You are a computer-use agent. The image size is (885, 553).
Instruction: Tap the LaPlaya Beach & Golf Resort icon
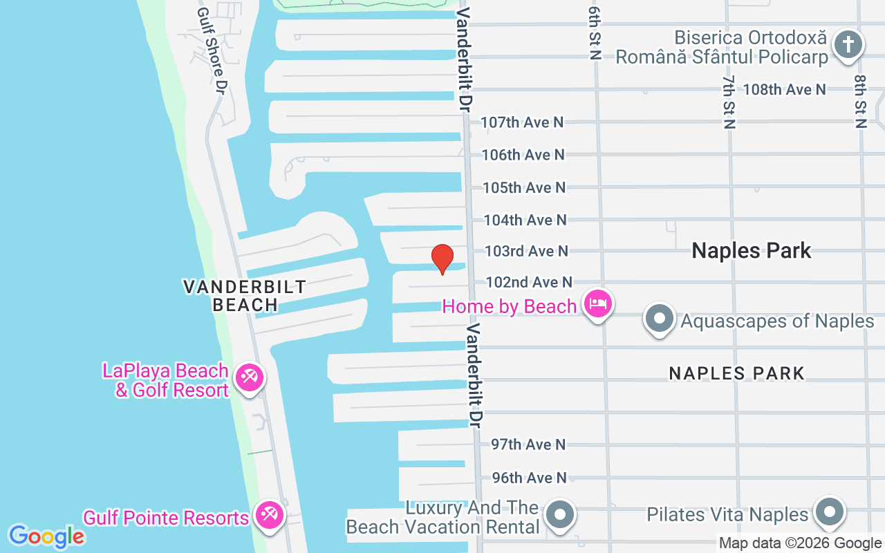pyautogui.click(x=248, y=378)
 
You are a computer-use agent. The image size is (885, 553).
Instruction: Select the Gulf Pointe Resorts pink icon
pyautogui.click(x=268, y=516)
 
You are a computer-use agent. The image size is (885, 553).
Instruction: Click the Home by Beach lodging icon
pyautogui.click(x=598, y=304)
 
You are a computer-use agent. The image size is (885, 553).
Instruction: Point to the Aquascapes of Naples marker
pyautogui.click(x=660, y=319)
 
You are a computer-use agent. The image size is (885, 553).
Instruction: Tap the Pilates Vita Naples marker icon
pyautogui.click(x=828, y=514)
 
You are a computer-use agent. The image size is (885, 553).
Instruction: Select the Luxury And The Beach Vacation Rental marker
pyautogui.click(x=561, y=516)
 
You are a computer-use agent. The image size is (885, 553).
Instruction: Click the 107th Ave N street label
pyautogui.click(x=522, y=122)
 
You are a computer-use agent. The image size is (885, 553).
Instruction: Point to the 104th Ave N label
pyautogui.click(x=525, y=220)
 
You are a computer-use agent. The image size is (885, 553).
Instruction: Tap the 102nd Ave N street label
pyautogui.click(x=529, y=282)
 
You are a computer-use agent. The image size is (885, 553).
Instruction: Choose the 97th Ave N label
pyautogui.click(x=528, y=444)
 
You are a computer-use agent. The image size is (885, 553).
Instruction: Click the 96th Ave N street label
pyautogui.click(x=528, y=478)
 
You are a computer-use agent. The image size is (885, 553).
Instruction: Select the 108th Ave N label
pyautogui.click(x=784, y=89)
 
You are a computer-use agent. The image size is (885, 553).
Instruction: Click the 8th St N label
pyautogui.click(x=860, y=102)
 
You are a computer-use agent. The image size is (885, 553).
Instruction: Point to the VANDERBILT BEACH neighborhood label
pyautogui.click(x=245, y=295)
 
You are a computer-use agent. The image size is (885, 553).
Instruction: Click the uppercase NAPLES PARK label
pyautogui.click(x=736, y=373)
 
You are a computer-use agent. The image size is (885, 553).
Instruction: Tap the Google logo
pyautogui.click(x=46, y=536)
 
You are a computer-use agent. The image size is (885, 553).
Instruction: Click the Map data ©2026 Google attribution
pyautogui.click(x=800, y=543)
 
